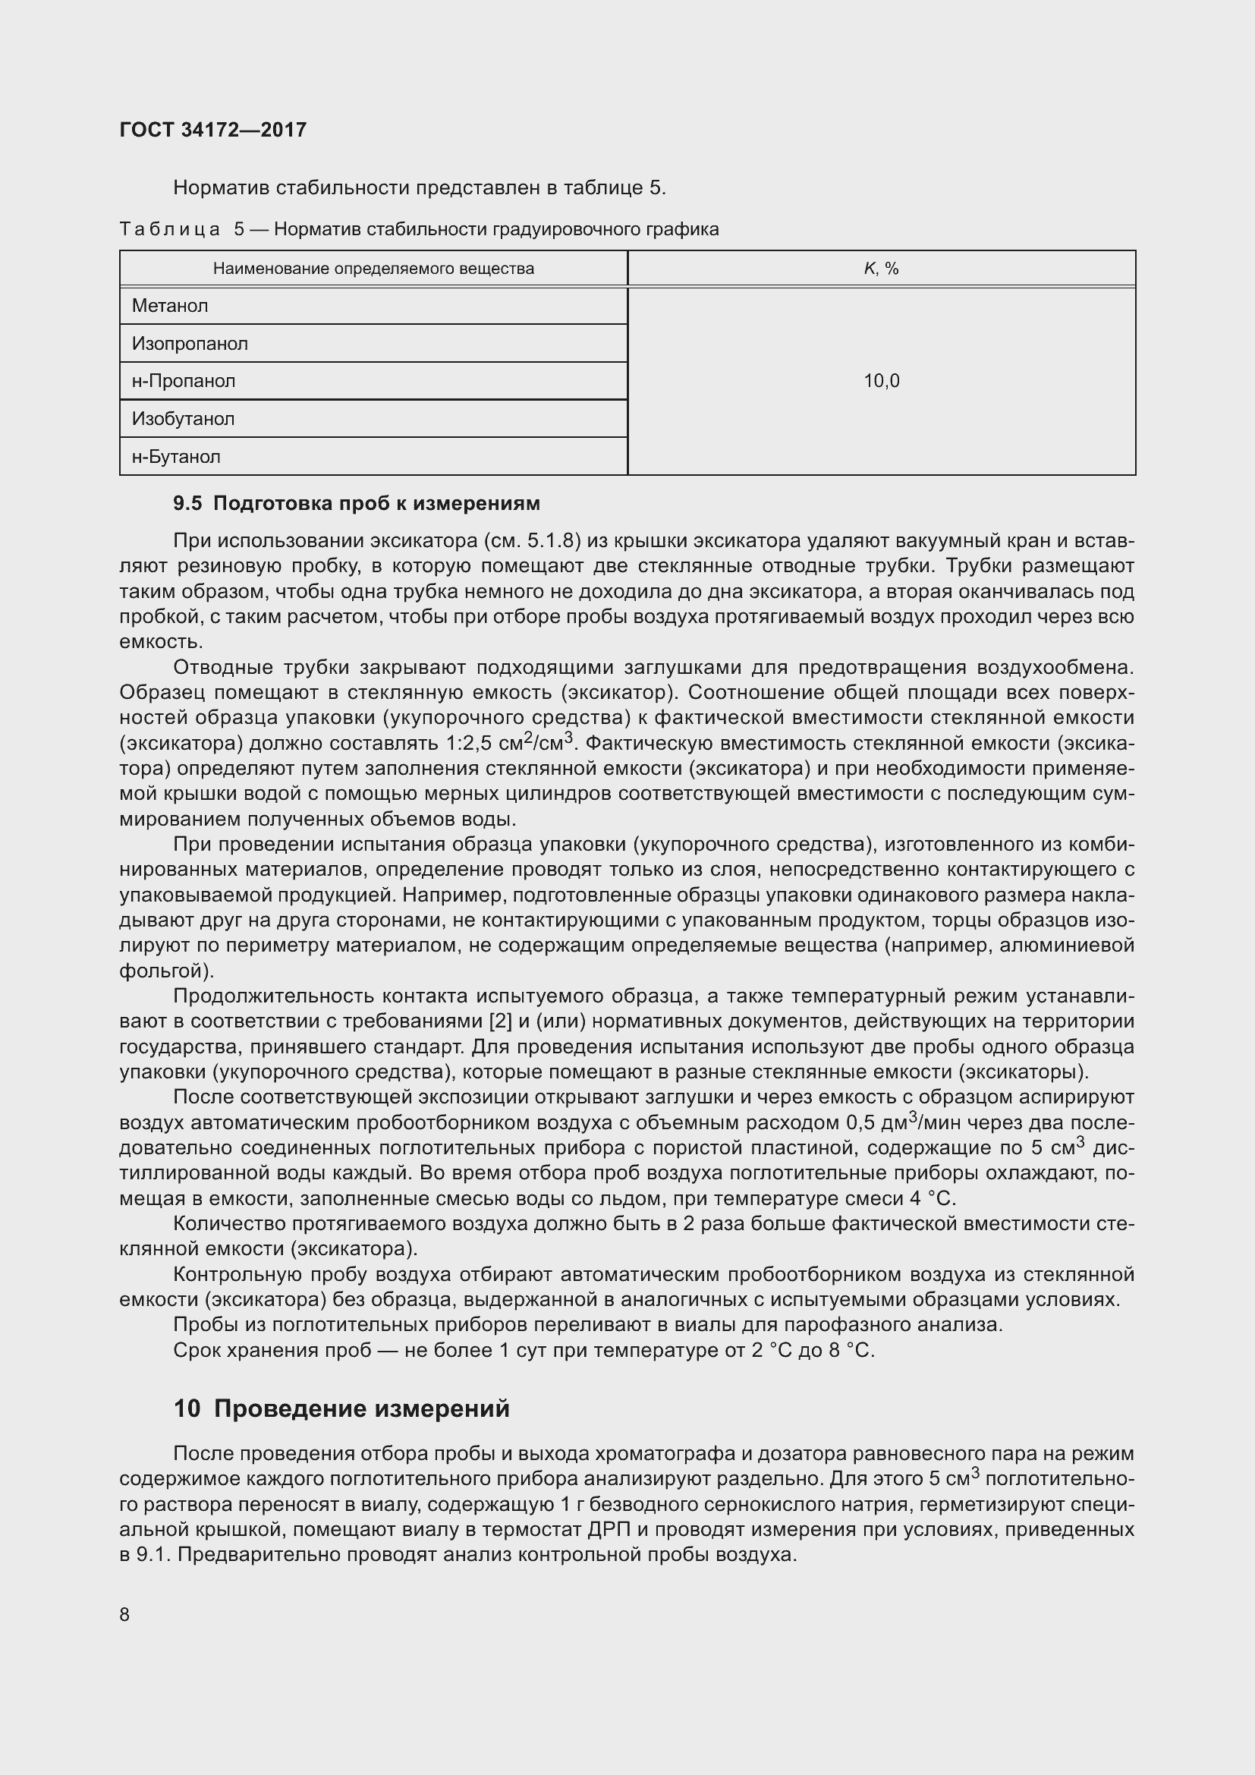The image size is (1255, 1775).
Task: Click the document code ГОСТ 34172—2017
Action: coord(212,130)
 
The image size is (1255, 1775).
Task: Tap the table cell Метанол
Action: coord(170,306)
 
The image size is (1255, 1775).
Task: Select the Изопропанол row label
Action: coord(190,344)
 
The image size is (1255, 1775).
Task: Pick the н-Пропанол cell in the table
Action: coord(183,381)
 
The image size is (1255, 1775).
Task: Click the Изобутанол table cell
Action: coord(183,419)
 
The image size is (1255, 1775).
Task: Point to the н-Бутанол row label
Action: coord(176,457)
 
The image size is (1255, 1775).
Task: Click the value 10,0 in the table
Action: coord(881,381)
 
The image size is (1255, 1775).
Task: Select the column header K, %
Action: coord(881,269)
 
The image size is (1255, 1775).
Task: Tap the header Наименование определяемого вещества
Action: coord(373,269)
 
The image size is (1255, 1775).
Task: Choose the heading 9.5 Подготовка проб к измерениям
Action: coord(357,504)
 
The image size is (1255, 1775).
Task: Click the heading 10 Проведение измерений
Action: coord(341,1408)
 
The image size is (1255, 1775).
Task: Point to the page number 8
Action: coord(124,1615)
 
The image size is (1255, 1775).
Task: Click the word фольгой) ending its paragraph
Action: coord(166,971)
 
